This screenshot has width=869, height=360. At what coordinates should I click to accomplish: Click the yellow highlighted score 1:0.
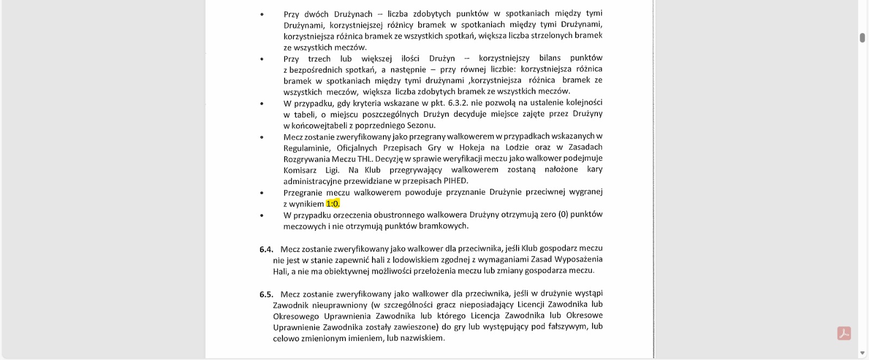(x=332, y=204)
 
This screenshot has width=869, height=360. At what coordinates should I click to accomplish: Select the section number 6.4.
(x=266, y=249)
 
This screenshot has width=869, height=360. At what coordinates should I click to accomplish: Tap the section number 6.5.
(x=266, y=294)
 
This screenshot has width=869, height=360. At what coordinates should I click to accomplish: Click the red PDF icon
(x=843, y=333)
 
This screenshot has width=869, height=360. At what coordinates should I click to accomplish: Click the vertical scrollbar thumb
(x=862, y=37)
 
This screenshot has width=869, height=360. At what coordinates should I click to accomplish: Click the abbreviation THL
(x=364, y=159)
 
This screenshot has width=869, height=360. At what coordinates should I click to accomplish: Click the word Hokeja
(x=472, y=147)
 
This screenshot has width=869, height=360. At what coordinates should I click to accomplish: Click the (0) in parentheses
(x=563, y=214)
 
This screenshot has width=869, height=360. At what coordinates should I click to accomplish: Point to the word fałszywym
(x=566, y=326)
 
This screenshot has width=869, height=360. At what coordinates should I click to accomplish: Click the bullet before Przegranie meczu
(x=262, y=193)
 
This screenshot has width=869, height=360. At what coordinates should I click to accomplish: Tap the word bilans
(x=550, y=58)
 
